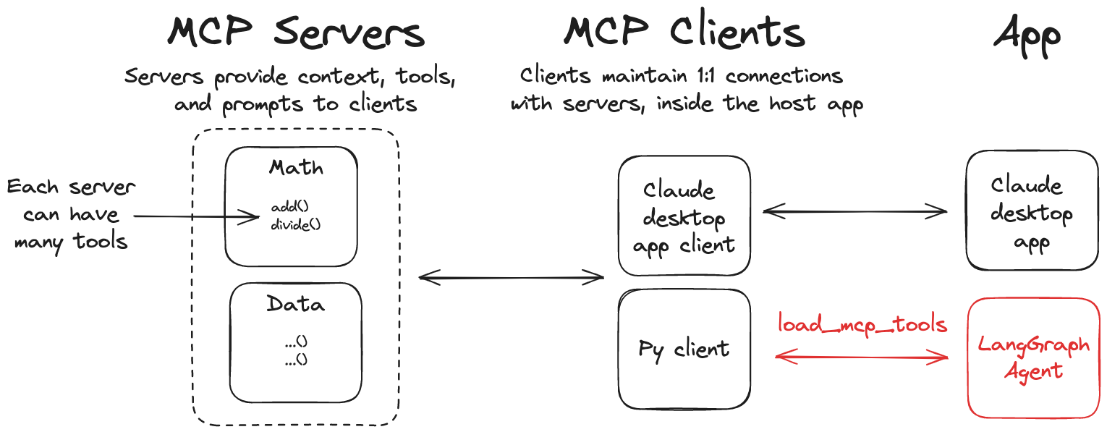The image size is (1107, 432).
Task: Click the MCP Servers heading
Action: [296, 33]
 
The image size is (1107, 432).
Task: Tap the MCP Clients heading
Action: [684, 33]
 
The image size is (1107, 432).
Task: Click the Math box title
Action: [296, 168]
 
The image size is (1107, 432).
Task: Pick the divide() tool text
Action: [295, 224]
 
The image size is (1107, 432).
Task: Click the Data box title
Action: [295, 303]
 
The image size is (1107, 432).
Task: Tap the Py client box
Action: [684, 350]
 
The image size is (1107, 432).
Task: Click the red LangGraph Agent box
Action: [1033, 357]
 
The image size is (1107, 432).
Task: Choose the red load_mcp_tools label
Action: [862, 323]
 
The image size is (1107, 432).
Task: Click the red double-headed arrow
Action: [861, 356]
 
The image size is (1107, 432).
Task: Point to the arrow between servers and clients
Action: [511, 276]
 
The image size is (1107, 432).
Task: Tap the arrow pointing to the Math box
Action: [195, 216]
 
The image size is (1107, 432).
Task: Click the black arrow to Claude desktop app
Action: [854, 211]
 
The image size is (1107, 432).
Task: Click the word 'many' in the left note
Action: [38, 242]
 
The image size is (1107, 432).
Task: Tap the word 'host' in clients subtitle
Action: [789, 103]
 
